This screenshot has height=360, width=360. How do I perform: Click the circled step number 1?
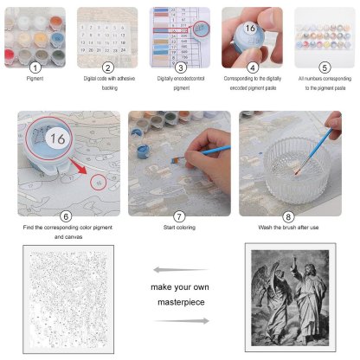[35, 67]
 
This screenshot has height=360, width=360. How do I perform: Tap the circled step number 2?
[108, 67]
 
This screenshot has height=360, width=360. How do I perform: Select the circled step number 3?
[180, 67]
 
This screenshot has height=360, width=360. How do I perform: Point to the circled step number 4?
[252, 67]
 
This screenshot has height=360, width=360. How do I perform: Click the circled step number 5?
[324, 67]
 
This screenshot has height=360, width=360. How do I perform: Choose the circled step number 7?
[179, 215]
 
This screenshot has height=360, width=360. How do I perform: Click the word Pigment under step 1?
[35, 79]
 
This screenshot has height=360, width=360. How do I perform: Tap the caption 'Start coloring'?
[179, 228]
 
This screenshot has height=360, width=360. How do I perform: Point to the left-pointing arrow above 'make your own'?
[180, 268]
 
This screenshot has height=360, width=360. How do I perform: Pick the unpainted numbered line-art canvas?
[67, 298]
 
